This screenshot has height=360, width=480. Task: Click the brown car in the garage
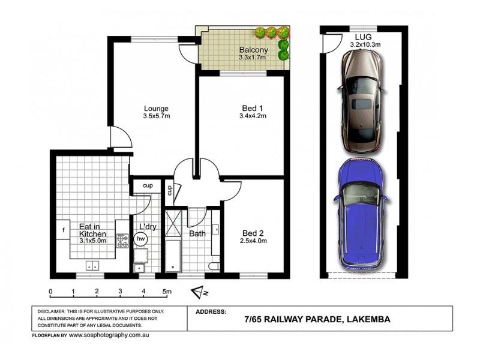point(361,101)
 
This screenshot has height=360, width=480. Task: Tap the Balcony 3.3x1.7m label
point(249,53)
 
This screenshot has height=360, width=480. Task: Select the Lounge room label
point(155,112)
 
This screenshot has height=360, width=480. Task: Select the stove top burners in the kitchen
point(123,241)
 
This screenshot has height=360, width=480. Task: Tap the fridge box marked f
point(63,229)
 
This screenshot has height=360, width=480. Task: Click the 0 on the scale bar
point(51,292)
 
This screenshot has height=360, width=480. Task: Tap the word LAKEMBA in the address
point(367,320)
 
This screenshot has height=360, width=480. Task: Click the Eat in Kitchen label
point(92,230)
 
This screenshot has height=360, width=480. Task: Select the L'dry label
point(147,226)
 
